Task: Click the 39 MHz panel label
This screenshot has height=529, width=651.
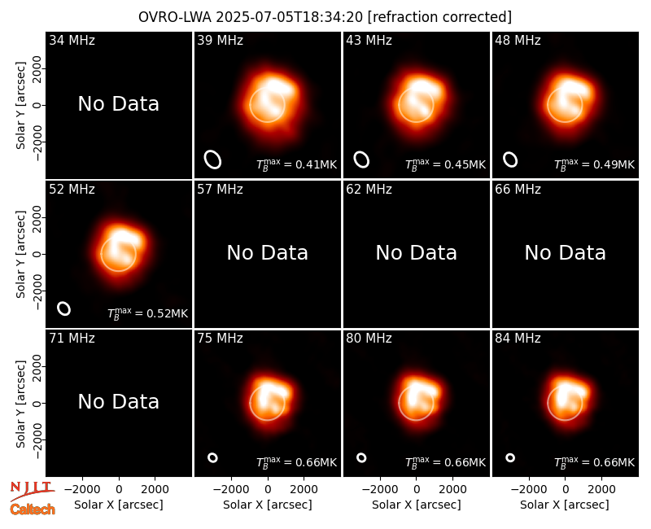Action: point(220,40)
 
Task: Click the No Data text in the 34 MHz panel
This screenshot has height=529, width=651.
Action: point(118,104)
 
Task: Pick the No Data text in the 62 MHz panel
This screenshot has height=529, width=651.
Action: point(416,252)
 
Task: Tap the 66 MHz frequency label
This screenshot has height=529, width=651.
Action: point(518,190)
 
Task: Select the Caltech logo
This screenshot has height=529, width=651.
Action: point(33,509)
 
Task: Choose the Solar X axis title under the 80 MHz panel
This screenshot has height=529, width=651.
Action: point(416,505)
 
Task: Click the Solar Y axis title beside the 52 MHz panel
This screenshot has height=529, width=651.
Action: point(20,254)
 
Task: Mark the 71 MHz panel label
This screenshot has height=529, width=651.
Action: point(72,339)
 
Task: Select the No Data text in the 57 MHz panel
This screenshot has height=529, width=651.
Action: point(268,252)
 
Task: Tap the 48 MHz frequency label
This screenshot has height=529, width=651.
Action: point(518,40)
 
